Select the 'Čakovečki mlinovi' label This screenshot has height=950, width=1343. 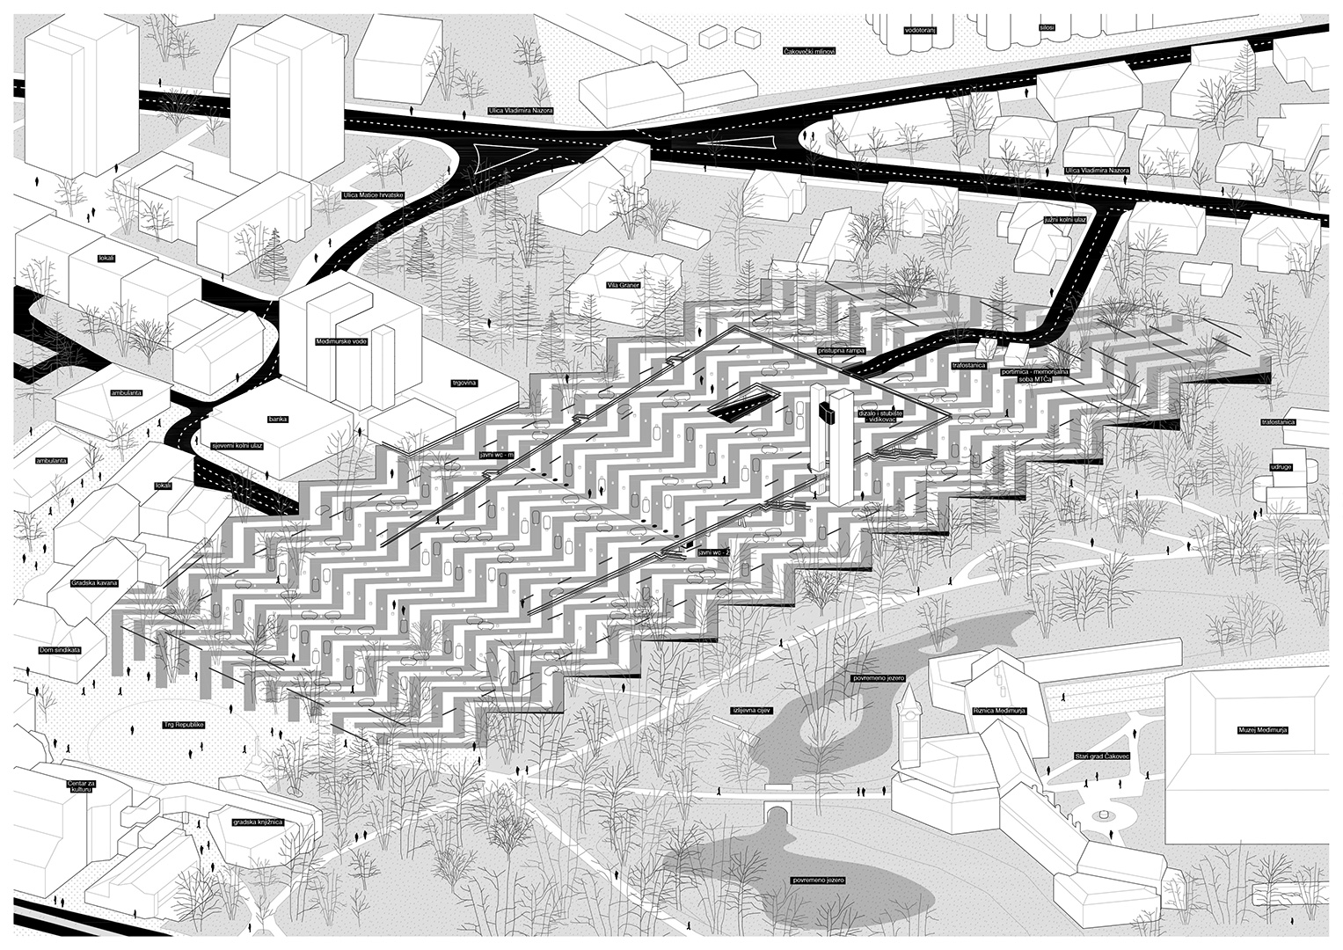point(808,52)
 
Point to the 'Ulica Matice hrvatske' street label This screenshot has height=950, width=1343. point(373,194)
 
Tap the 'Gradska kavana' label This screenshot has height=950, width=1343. point(93,583)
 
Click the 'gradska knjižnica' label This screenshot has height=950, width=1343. point(257,822)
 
